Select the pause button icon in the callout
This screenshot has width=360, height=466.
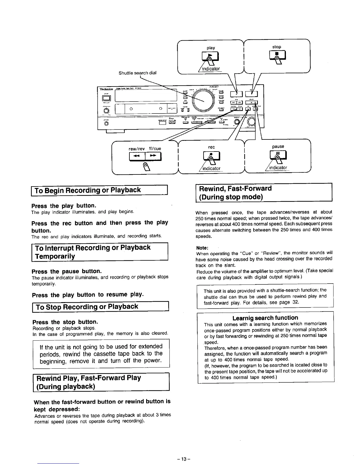click(x=277, y=154)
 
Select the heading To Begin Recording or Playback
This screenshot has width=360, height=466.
click(x=88, y=190)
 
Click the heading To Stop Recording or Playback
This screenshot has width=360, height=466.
click(x=87, y=307)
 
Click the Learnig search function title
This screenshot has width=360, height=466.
click(x=265, y=318)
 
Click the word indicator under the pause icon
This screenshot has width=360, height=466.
click(x=278, y=168)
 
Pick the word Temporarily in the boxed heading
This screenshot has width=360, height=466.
click(x=55, y=256)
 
